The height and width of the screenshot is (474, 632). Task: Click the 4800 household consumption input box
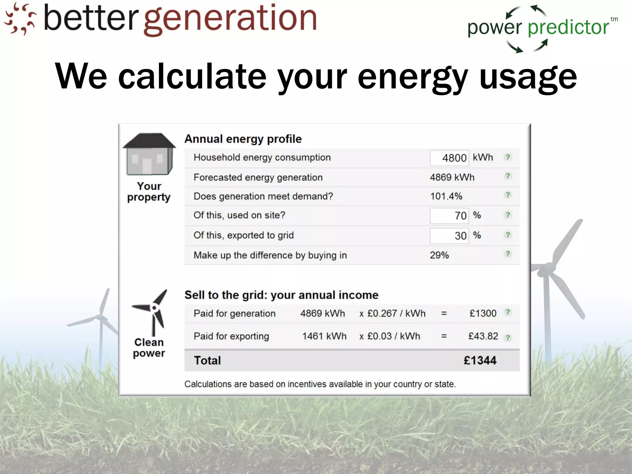pyautogui.click(x=449, y=158)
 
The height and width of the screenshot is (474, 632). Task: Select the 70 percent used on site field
pyautogui.click(x=449, y=215)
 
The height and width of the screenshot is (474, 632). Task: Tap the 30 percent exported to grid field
pyautogui.click(x=449, y=236)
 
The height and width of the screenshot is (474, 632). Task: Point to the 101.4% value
pyautogui.click(x=446, y=196)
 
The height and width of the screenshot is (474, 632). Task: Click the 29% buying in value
pyautogui.click(x=439, y=255)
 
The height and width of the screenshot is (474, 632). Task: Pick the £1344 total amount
pyautogui.click(x=480, y=360)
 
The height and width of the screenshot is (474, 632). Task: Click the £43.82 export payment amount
pyautogui.click(x=483, y=336)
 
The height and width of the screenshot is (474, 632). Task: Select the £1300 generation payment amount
pyautogui.click(x=483, y=314)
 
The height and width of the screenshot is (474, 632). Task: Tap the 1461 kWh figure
pyautogui.click(x=324, y=336)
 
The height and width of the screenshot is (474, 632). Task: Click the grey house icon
pyautogui.click(x=149, y=154)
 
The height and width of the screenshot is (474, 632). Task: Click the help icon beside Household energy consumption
pyautogui.click(x=508, y=157)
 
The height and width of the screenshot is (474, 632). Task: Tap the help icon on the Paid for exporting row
pyautogui.click(x=508, y=338)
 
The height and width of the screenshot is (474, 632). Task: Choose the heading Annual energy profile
pyautogui.click(x=243, y=139)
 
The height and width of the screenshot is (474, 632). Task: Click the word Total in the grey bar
pyautogui.click(x=207, y=360)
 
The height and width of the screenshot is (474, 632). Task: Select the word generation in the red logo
pyautogui.click(x=230, y=19)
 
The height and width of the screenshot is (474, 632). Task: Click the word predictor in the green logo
pyautogui.click(x=568, y=28)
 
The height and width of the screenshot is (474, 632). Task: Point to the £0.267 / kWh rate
pyautogui.click(x=396, y=314)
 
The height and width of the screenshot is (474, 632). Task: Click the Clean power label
pyautogui.click(x=149, y=347)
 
